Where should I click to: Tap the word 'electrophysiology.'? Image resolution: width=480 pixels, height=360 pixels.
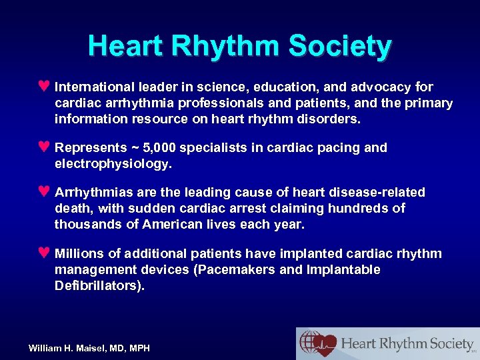pos(113,163)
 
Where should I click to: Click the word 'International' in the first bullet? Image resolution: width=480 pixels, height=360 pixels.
pos(93,87)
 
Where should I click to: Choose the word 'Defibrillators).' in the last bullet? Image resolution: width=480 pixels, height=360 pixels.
pos(100,286)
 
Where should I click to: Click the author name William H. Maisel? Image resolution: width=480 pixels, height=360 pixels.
pos(71,348)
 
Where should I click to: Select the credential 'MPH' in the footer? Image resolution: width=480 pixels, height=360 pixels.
pos(139,348)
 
